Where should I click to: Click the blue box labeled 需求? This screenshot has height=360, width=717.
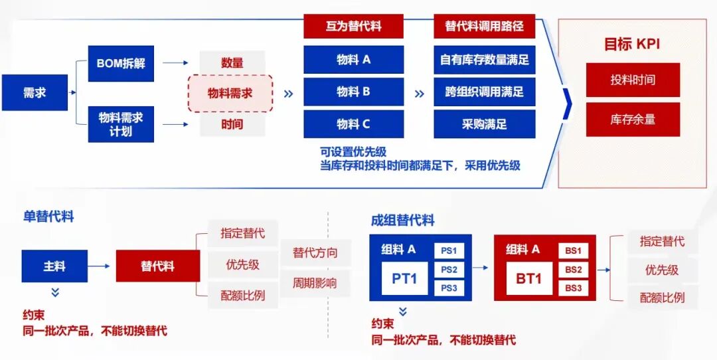35,92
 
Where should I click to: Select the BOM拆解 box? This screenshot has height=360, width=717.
121,63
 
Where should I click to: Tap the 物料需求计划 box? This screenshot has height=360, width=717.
121,124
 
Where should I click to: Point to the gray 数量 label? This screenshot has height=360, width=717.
232,62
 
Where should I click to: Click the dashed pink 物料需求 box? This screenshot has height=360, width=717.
230,93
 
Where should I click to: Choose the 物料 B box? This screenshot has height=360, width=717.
353,92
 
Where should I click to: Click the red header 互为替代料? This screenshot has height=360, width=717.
353,26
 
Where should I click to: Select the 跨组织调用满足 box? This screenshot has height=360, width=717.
484,92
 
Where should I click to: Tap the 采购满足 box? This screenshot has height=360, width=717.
484,124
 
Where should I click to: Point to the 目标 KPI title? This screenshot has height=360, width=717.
633,45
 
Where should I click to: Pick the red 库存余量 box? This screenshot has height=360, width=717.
633,120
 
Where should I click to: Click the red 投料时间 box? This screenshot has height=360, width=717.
633,80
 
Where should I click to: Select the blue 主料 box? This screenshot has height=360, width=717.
54,266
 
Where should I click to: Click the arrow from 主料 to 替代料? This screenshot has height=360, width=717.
99,266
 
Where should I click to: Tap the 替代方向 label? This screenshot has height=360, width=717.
315,252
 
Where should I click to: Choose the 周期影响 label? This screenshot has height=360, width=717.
315,283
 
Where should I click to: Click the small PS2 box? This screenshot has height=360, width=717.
449,270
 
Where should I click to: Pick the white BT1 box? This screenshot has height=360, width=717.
529,278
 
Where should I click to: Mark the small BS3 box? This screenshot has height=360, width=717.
574,288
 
